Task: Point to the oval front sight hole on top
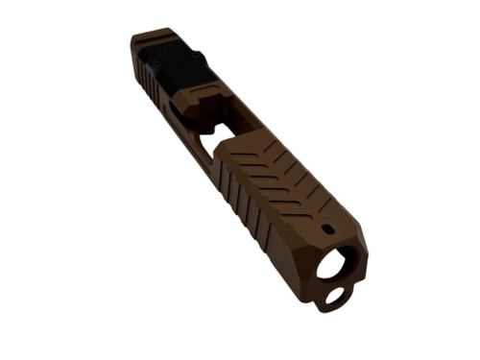[328, 229]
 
